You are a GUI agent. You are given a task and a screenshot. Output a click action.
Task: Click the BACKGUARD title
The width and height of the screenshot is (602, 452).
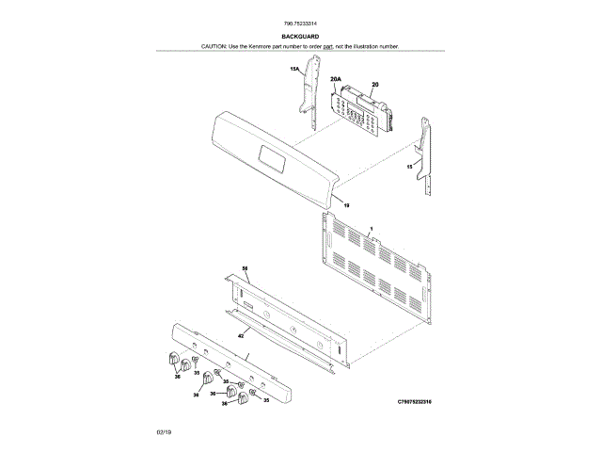300,36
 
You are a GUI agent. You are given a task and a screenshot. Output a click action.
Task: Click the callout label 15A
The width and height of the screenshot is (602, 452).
294,70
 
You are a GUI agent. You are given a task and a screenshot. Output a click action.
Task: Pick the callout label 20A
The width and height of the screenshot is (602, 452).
335,81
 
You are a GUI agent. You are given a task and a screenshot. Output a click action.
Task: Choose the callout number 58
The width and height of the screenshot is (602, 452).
245,268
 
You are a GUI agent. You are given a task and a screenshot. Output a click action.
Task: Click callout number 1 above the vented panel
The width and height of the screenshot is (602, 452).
371,229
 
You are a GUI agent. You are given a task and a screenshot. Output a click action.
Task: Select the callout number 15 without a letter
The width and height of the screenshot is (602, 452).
409,166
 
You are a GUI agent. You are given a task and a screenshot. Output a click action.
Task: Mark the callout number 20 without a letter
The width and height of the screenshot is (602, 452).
375,85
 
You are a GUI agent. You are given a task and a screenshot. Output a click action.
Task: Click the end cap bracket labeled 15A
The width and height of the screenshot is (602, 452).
308,94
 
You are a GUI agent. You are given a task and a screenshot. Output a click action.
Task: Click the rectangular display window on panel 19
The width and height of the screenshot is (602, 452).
273,159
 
